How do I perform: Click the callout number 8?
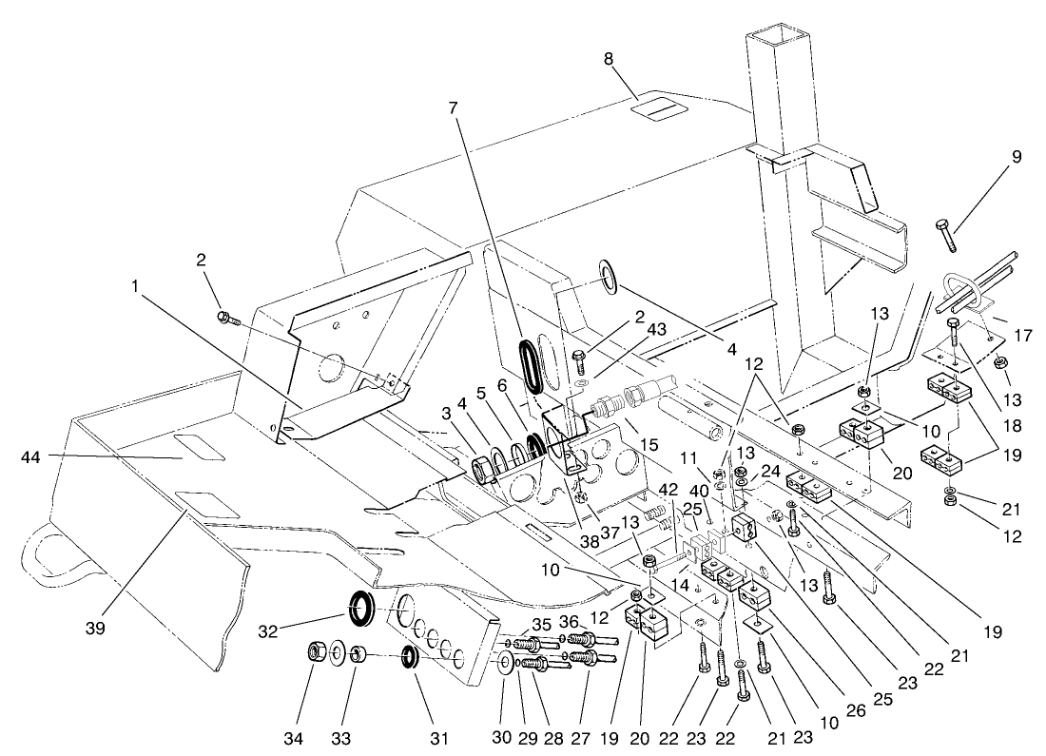[609, 58]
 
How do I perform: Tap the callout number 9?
[1017, 157]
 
